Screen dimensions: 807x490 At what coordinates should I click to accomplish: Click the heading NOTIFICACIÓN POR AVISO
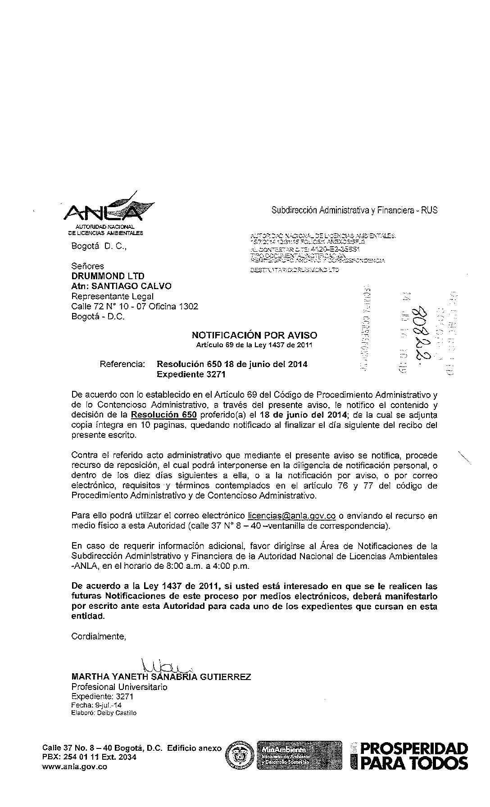click(254, 335)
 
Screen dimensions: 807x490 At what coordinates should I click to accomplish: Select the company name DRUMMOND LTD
click(108, 276)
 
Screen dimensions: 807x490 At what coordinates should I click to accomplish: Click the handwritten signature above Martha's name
click(164, 666)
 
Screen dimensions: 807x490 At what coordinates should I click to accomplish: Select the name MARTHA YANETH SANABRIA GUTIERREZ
click(161, 677)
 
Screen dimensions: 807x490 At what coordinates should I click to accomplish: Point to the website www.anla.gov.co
click(74, 767)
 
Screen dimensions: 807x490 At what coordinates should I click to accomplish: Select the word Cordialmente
click(99, 636)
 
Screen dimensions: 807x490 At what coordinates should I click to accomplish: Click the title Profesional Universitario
click(119, 687)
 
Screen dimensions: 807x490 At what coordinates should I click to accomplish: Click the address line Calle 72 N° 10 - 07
click(135, 306)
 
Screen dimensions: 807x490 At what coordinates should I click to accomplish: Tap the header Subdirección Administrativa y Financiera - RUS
click(354, 210)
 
